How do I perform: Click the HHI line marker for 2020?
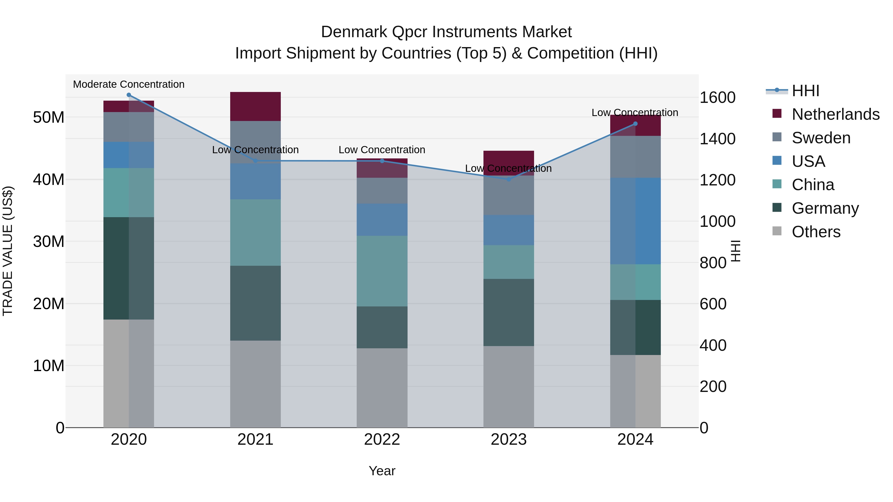[128, 95]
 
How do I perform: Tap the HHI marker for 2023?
[509, 179]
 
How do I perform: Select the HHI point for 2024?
[635, 124]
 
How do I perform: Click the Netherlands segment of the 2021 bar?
[255, 106]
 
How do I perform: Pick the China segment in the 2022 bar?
[382, 271]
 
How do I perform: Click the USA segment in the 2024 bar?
[635, 221]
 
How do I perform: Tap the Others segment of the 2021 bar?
[255, 384]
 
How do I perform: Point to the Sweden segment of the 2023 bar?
[509, 195]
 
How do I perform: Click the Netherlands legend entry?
[835, 114]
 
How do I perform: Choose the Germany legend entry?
[825, 208]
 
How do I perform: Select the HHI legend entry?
[805, 91]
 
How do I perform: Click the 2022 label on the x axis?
[382, 440]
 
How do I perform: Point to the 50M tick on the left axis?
[49, 118]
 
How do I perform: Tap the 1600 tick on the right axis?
[717, 97]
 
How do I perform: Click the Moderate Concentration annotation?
[128, 84]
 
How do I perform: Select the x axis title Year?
[382, 471]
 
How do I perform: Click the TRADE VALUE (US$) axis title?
[8, 251]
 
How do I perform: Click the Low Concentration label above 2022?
[382, 150]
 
